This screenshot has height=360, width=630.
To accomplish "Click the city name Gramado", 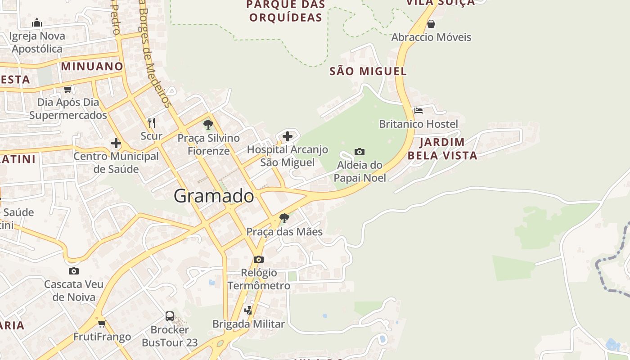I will pyautogui.click(x=214, y=196).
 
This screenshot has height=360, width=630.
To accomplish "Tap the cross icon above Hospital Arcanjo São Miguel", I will pyautogui.click(x=288, y=136).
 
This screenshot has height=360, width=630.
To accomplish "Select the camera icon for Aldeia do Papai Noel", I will pyautogui.click(x=360, y=152).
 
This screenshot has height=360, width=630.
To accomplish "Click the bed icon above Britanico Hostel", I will pyautogui.click(x=418, y=111).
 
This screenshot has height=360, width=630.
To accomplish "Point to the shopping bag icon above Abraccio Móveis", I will pyautogui.click(x=431, y=24).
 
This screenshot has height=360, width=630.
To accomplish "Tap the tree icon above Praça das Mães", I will pyautogui.click(x=284, y=218).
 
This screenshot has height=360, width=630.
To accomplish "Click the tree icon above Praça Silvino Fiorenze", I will pyautogui.click(x=208, y=124).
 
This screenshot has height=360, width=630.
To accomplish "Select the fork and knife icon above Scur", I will pyautogui.click(x=152, y=122).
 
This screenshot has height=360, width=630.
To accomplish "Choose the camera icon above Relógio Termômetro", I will pyautogui.click(x=259, y=259).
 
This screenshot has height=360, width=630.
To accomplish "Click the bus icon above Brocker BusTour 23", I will pyautogui.click(x=170, y=316).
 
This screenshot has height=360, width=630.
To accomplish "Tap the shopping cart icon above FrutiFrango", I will pyautogui.click(x=102, y=324).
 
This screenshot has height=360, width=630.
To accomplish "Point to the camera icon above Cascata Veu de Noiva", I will pyautogui.click(x=74, y=271).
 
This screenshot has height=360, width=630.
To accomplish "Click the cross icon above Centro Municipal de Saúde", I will pyautogui.click(x=116, y=143).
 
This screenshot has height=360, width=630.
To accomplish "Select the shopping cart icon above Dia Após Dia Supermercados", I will pyautogui.click(x=68, y=89).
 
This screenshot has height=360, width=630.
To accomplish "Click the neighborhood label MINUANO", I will pyautogui.click(x=92, y=67).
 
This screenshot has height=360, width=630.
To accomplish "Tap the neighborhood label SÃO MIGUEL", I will pyautogui.click(x=368, y=71).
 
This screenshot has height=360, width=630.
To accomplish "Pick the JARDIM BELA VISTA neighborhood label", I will pyautogui.click(x=442, y=149).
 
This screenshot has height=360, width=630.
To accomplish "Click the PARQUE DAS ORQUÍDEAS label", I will pyautogui.click(x=285, y=11).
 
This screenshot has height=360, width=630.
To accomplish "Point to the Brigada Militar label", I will pyautogui.click(x=248, y=324).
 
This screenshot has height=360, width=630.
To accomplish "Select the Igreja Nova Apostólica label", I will pyautogui.click(x=37, y=42).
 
